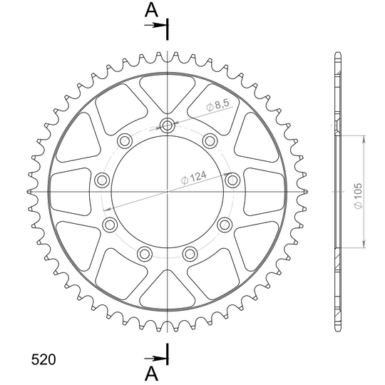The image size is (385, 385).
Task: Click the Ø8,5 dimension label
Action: [x=217, y=105]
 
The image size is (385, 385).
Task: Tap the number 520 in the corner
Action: [x=43, y=359]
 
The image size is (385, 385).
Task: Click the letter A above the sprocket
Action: [x=151, y=11]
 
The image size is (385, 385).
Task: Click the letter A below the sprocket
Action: [x=151, y=374]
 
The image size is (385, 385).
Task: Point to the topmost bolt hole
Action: [x=168, y=125]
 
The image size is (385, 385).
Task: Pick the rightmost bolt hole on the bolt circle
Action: [x=232, y=180]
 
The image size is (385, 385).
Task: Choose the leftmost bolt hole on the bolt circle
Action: [x=102, y=180]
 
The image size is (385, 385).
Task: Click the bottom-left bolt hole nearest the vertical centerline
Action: [x=145, y=254]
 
